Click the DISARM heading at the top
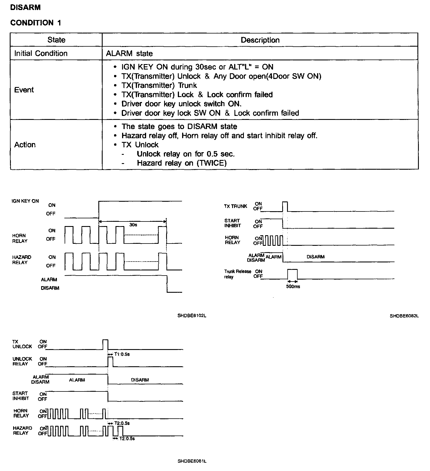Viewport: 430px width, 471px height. click(25, 7)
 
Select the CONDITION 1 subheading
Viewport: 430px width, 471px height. click(36, 23)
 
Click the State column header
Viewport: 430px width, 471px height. click(56, 40)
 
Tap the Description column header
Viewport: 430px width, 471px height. click(260, 40)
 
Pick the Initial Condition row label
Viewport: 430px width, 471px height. click(41, 54)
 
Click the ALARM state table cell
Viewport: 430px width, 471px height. click(129, 54)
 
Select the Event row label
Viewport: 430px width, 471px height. click(24, 90)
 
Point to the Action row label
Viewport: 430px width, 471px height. click(25, 145)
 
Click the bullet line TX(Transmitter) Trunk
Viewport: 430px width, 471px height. click(159, 85)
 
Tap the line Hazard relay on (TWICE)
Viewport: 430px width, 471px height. click(182, 163)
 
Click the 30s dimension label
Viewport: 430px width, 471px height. click(133, 225)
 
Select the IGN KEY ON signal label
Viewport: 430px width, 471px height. click(25, 201)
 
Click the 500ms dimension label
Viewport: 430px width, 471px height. click(293, 286)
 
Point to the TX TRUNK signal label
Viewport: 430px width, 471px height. click(236, 206)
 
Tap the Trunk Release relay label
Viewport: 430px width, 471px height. click(238, 274)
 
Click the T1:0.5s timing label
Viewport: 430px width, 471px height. click(122, 354)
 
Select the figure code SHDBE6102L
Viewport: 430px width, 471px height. click(192, 316)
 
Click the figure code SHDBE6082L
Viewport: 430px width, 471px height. click(404, 316)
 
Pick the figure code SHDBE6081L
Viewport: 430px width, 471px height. click(192, 461)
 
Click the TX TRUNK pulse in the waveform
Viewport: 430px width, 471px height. click(285, 206)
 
